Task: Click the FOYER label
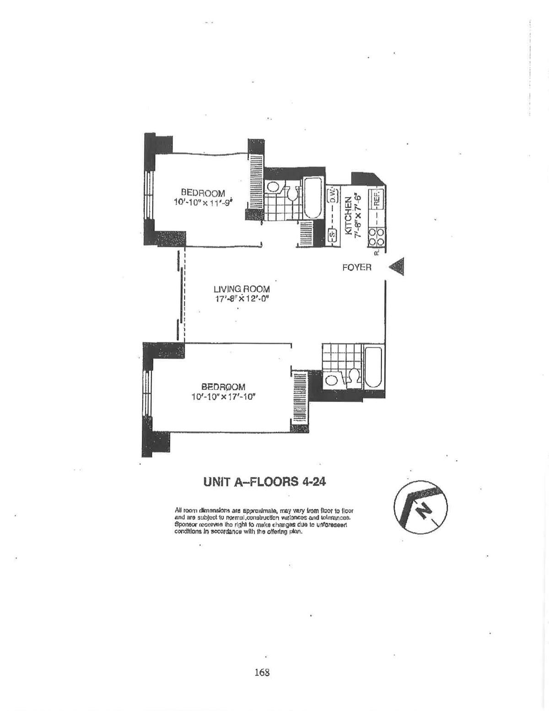[x=356, y=267]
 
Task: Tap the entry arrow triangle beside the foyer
[x=397, y=266]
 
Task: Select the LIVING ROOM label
[x=242, y=289]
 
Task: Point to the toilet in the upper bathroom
[x=291, y=193]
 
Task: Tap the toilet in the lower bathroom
[x=353, y=377]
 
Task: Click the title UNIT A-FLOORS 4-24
[x=264, y=482]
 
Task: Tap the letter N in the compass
[x=425, y=510]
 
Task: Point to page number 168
[x=262, y=673]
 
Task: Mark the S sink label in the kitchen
[x=333, y=235]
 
